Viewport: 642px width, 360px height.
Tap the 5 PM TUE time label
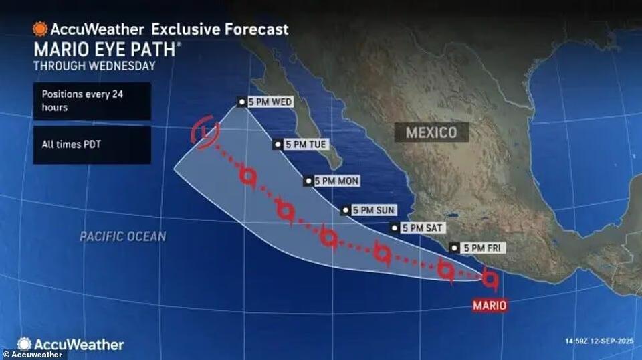[302, 144]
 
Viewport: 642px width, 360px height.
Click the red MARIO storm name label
[490, 306]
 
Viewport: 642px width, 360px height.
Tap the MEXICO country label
[431, 132]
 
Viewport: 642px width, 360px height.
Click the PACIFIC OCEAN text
[122, 236]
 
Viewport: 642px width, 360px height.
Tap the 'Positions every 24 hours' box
[92, 101]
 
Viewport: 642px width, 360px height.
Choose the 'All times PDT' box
[92, 145]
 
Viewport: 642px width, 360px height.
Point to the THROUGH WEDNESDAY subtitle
[94, 66]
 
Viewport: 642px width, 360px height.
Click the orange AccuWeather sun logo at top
[40, 29]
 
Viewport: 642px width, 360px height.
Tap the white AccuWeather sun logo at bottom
[25, 344]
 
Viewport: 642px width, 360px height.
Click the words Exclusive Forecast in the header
[220, 29]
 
